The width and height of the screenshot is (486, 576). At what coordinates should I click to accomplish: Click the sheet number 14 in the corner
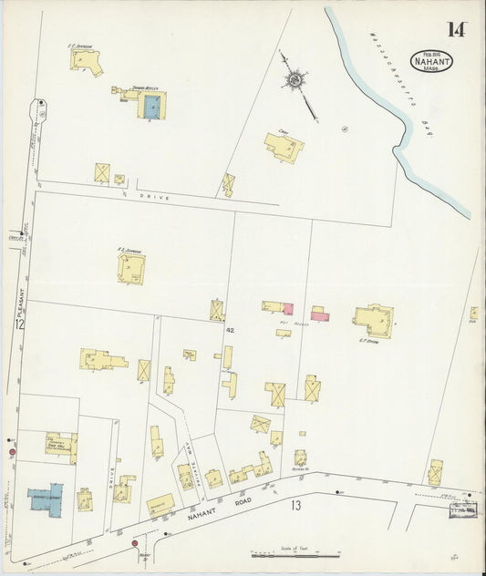[x=455, y=29]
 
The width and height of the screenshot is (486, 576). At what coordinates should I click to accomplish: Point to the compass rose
[x=295, y=81]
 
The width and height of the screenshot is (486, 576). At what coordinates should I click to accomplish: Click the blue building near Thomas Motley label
[x=151, y=108]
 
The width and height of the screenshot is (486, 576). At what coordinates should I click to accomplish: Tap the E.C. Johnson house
[x=86, y=61]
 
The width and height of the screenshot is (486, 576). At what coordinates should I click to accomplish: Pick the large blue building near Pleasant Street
[x=45, y=498]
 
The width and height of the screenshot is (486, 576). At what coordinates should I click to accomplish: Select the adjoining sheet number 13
[x=295, y=505]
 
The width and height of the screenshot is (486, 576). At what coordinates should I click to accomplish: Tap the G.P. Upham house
[x=374, y=321]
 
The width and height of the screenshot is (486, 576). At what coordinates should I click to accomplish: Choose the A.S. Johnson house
[x=131, y=268]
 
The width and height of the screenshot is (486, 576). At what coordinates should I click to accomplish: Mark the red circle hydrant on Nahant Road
[x=135, y=543]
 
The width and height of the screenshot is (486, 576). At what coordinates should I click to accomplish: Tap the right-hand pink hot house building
[x=319, y=315]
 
